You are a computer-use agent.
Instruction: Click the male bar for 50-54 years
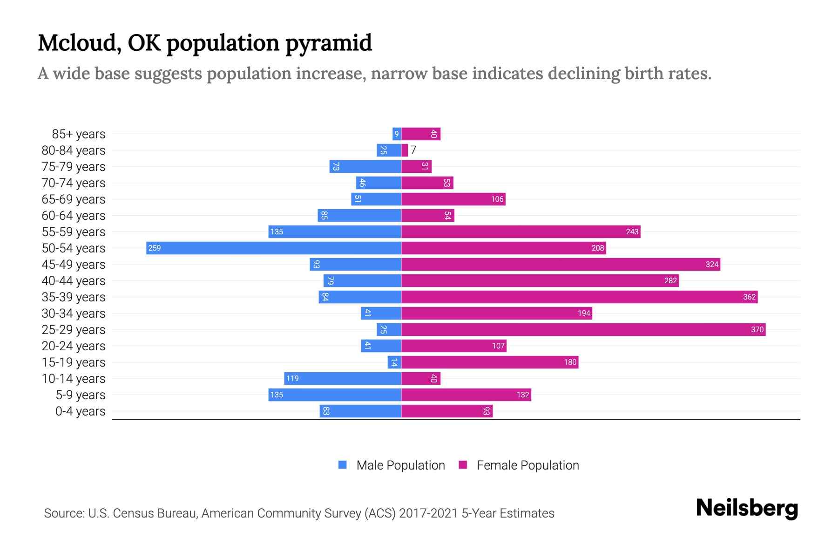tap(274, 248)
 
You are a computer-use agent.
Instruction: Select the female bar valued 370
tap(583, 329)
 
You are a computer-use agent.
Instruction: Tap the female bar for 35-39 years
tap(580, 297)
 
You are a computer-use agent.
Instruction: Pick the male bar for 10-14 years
tap(343, 378)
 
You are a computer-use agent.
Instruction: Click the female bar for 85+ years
tap(421, 134)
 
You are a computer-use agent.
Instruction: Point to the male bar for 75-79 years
tap(365, 166)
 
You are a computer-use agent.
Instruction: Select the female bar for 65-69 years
tap(453, 199)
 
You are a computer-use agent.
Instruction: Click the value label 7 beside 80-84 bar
tap(413, 150)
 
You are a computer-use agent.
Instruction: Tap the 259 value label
tap(154, 248)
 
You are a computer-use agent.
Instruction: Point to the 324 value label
tap(712, 264)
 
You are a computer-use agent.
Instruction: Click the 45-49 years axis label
tap(74, 264)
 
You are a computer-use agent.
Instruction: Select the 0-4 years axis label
tap(80, 411)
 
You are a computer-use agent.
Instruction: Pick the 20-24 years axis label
tap(74, 346)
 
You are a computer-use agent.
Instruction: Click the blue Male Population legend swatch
tap(343, 465)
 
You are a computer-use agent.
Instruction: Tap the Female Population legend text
tap(527, 465)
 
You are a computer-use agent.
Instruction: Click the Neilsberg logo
tap(747, 508)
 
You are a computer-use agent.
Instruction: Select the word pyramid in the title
tap(328, 43)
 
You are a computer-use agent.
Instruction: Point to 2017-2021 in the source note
tap(428, 513)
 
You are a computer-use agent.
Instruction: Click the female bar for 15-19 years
tap(490, 362)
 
